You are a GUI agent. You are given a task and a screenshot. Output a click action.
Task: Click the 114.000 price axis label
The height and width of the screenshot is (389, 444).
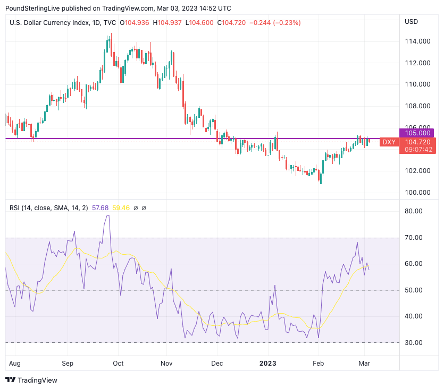coord(416,41)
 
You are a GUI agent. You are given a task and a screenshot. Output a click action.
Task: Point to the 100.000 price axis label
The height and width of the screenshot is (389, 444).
coord(416,192)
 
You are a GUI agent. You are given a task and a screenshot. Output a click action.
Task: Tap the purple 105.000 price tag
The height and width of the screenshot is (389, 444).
coord(416,133)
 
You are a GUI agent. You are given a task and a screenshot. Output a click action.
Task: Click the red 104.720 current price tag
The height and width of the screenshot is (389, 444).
coord(417,142)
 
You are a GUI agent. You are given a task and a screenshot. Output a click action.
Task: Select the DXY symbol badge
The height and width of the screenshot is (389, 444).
coord(389,142)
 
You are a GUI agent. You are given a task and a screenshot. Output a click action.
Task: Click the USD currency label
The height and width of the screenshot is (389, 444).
coord(412,22)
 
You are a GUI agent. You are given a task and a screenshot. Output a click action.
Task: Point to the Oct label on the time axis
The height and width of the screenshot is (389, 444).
coord(118,363)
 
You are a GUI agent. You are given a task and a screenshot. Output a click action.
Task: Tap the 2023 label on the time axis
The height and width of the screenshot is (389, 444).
coord(267,363)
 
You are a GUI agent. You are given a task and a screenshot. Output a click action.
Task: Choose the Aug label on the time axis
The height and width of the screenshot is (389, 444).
coord(15,363)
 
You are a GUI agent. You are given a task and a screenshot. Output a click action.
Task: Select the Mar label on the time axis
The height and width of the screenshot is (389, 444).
coord(365,363)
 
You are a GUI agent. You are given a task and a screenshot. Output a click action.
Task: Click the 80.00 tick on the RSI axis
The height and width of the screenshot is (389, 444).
coord(413,211)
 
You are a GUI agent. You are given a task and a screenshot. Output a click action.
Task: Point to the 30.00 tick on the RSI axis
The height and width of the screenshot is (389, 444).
coord(413,342)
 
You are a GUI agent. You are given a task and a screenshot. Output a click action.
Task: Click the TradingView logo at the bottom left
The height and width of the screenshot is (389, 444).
coord(31,380)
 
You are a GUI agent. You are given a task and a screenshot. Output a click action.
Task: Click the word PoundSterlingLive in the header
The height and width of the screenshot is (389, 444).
coord(32,8)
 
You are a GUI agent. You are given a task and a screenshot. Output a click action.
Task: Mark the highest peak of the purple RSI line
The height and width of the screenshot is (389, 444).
coord(108,215)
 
